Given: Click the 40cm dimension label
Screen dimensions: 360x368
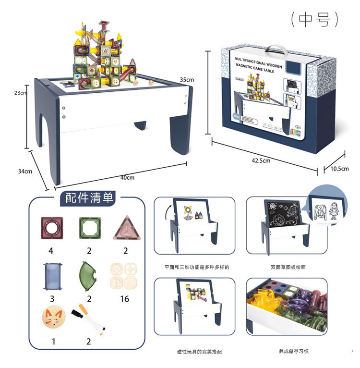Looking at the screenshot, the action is (127, 178).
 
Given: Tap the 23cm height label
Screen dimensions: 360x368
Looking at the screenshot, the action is (20, 93).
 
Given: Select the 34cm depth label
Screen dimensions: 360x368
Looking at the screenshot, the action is (25, 171).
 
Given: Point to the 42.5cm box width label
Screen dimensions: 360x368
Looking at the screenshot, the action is (261, 161).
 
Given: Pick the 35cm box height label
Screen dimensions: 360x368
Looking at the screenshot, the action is (187, 79).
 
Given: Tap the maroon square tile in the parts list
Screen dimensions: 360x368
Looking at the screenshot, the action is (51, 229).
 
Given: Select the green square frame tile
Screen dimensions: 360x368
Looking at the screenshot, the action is (89, 229).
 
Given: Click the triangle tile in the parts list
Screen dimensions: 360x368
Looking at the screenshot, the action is (125, 229).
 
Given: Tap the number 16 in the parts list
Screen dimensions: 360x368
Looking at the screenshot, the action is (124, 299).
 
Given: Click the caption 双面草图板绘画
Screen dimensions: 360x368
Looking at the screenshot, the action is (288, 267).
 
